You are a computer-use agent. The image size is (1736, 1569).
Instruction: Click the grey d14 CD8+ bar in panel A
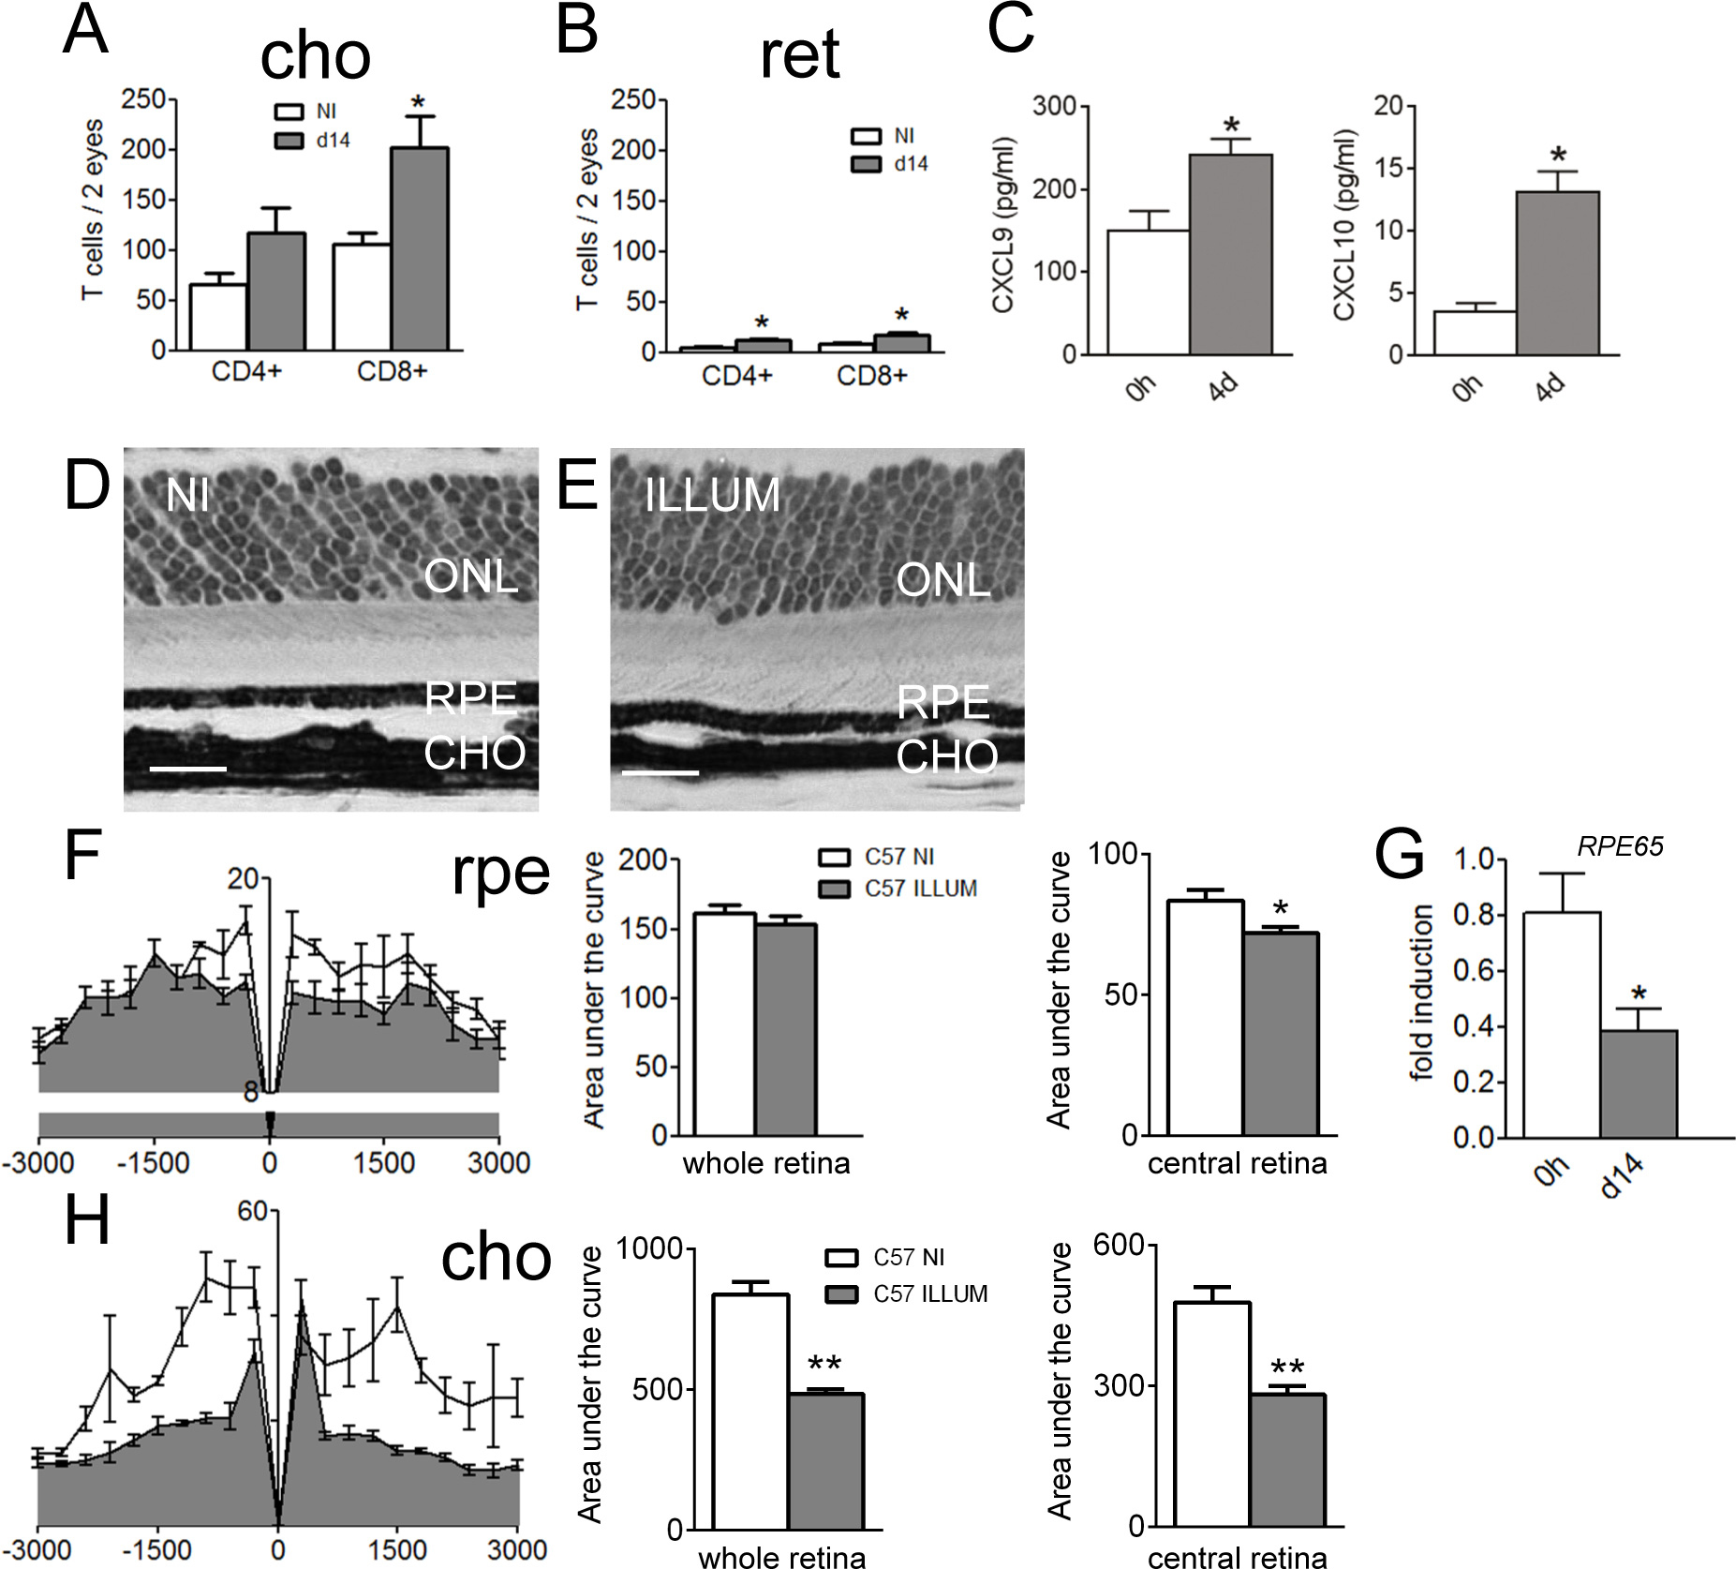(419, 249)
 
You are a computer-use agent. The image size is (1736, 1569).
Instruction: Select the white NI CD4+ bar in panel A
(218, 318)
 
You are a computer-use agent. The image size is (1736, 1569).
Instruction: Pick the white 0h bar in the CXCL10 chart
(1475, 333)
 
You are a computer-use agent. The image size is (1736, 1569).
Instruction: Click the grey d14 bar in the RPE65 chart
(1638, 1083)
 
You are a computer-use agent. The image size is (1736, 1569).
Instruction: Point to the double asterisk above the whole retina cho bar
(823, 1365)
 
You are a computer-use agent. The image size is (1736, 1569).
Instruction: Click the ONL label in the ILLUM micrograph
(942, 581)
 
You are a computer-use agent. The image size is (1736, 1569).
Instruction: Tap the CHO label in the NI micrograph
(475, 754)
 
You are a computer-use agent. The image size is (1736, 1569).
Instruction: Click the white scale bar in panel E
(660, 772)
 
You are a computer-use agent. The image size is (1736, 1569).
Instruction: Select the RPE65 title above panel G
(1620, 846)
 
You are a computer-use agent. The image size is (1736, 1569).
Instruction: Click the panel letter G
(1399, 855)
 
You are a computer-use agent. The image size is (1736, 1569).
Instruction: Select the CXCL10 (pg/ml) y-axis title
(1344, 225)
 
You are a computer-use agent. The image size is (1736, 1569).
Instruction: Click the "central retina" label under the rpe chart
(1237, 1163)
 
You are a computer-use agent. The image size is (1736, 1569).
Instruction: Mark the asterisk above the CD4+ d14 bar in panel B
(762, 324)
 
